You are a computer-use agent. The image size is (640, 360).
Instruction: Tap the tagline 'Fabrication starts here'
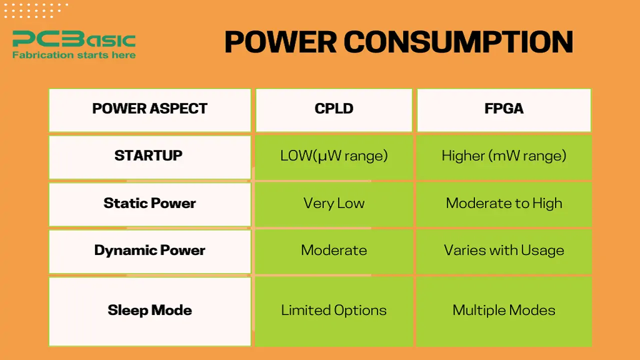(74, 55)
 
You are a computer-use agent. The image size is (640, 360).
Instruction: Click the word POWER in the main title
(280, 42)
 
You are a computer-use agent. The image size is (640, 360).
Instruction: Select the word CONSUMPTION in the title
(458, 42)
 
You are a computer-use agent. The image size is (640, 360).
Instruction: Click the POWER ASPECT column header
(149, 109)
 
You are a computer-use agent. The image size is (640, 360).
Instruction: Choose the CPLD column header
(334, 109)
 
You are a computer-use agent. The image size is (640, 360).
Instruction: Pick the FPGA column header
(504, 109)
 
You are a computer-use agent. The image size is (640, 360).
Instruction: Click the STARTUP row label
(148, 155)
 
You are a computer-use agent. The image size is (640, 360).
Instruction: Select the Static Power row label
(149, 203)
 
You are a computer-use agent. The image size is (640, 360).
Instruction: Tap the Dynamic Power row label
(149, 250)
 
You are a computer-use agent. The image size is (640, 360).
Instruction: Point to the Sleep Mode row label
(149, 310)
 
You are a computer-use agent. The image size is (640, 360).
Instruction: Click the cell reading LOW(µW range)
(334, 155)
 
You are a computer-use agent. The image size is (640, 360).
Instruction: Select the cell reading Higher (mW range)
(504, 155)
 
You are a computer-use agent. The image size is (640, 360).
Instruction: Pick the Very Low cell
(334, 203)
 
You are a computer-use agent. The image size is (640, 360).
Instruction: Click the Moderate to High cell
(504, 203)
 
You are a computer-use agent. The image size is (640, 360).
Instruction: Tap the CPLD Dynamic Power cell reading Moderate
(334, 250)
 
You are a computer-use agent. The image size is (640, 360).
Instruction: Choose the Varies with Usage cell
(504, 250)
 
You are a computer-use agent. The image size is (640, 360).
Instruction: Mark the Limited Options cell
(334, 310)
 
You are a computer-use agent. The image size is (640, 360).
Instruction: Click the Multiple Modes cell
(504, 310)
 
